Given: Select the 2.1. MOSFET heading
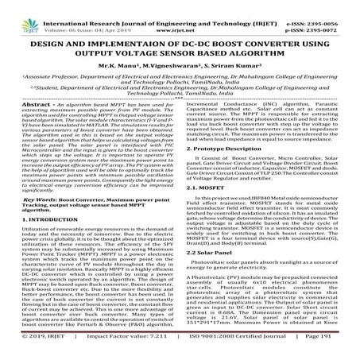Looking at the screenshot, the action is (x=211, y=212).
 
